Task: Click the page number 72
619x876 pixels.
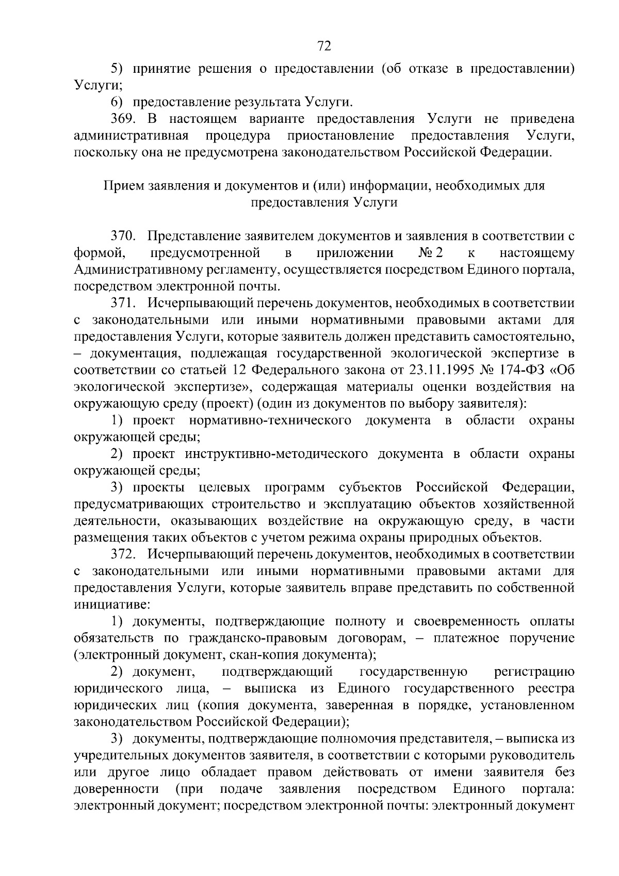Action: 323,46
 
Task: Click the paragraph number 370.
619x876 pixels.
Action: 123,236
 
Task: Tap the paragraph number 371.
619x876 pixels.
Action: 123,304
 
